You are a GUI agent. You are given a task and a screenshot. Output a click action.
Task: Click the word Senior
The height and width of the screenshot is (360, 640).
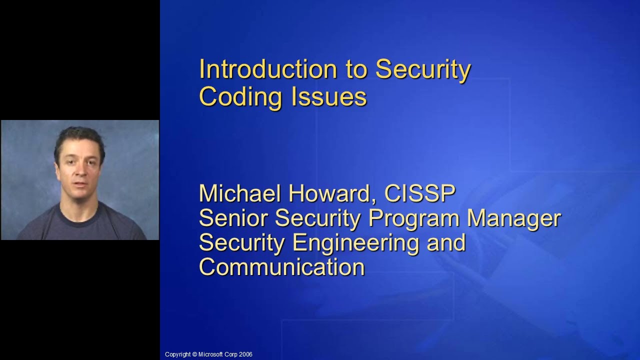click(x=233, y=218)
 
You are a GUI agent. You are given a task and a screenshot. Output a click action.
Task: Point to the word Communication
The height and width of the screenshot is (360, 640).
click(x=281, y=266)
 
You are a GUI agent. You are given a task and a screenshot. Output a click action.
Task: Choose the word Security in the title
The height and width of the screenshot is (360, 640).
click(x=422, y=69)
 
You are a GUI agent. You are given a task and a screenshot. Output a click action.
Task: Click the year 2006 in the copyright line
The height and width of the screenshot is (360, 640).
click(x=246, y=354)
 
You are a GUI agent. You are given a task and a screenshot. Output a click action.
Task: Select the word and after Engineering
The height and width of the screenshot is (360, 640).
click(x=445, y=243)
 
